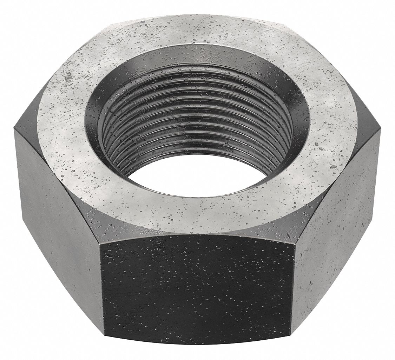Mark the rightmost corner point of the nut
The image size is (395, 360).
point(381,133)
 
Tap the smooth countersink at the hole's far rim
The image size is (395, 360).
point(197,56)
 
